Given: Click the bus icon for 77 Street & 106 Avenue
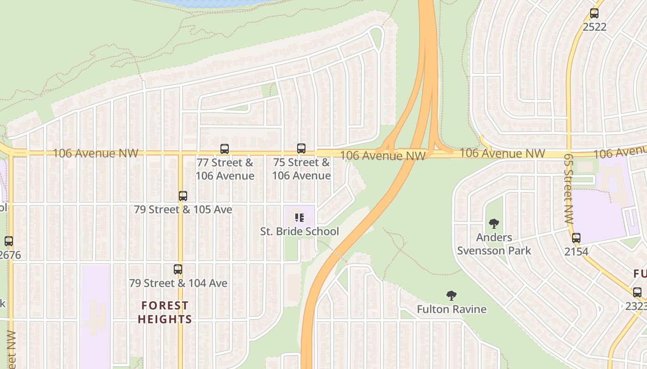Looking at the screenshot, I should point(225,149).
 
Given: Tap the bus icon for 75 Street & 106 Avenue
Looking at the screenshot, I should point(301,149).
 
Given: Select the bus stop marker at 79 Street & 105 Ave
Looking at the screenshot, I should point(183,196).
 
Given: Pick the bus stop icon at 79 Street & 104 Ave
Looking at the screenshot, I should point(178,269).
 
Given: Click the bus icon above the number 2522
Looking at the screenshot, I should point(594,13).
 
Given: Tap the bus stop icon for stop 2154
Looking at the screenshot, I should point(576,238).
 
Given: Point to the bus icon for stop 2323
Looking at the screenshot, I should point(637,292).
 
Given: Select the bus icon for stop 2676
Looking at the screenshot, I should point(9,241).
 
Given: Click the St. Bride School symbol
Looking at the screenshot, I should point(299,217).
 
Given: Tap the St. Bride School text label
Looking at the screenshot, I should point(299,232).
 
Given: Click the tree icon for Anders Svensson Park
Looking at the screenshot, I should point(494,224).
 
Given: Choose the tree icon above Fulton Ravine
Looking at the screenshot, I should point(452,296).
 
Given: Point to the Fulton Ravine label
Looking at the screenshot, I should point(452,309).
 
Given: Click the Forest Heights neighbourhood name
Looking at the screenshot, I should point(165,312).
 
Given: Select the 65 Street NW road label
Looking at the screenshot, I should point(568,189).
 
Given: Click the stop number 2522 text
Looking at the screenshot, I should point(594,27).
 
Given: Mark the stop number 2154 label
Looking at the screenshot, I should point(576,252).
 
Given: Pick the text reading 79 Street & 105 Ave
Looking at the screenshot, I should point(183,209).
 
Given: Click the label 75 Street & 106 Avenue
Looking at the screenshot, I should point(301,169).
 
